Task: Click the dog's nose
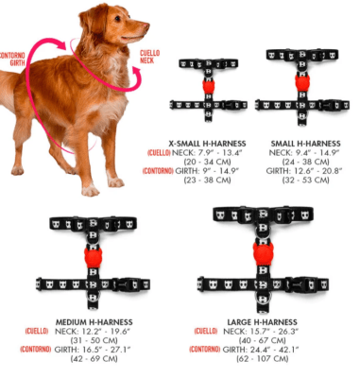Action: [146, 26]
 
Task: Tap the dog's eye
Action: [118, 18]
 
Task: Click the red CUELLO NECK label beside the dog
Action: [149, 57]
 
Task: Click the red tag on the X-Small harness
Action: [209, 86]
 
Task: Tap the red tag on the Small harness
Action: [302, 81]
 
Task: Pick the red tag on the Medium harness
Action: [93, 256]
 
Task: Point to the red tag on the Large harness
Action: [263, 253]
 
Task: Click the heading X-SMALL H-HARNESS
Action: [207, 144]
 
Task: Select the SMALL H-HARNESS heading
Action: [305, 144]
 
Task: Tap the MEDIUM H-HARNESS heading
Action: [94, 322]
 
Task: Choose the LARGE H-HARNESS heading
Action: [262, 322]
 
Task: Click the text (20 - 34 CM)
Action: [207, 162]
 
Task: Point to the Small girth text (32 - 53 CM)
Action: [305, 180]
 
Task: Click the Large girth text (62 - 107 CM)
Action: [262, 358]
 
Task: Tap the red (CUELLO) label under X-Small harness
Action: [159, 153]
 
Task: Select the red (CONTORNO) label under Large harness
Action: [205, 350]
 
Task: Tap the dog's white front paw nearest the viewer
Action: [91, 190]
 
